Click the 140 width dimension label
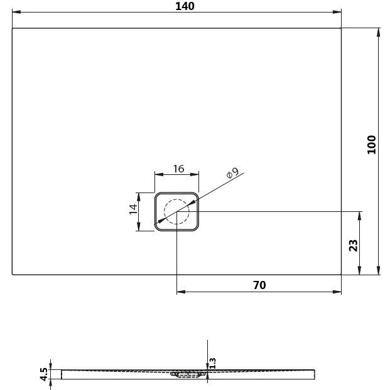click(x=185, y=6)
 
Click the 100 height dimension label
click(x=372, y=145)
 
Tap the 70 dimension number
click(x=259, y=285)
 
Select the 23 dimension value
click(x=354, y=246)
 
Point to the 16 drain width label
click(x=179, y=169)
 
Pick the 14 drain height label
click(x=133, y=209)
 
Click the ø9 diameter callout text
click(x=232, y=172)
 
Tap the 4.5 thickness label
click(x=43, y=374)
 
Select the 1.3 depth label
click(x=212, y=363)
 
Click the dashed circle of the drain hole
click(x=176, y=199)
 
